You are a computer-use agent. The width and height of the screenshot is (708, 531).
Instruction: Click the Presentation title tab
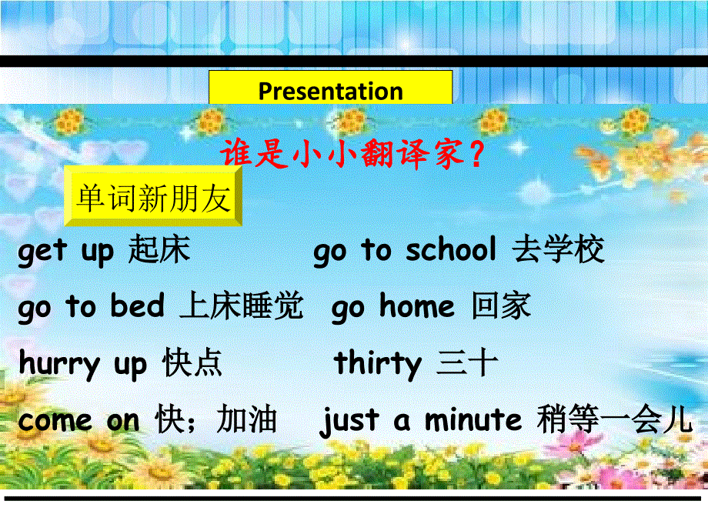pos(330,90)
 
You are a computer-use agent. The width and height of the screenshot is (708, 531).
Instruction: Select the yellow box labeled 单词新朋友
pos(154,199)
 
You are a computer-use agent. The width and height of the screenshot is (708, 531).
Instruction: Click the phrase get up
pos(66,252)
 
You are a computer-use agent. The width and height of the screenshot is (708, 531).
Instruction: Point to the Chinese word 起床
pos(159,251)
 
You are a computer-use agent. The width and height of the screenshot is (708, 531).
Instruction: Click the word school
pos(451,250)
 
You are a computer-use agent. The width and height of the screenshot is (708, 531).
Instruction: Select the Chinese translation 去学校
pos(559,250)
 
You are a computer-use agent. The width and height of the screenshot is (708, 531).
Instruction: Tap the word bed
pos(138,307)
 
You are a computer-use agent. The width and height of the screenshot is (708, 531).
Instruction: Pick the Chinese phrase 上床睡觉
pos(242,307)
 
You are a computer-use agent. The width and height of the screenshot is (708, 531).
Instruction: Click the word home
pos(416,307)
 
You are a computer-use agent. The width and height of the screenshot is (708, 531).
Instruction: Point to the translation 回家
pos(502,307)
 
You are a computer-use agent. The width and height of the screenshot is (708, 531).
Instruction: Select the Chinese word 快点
pos(192,363)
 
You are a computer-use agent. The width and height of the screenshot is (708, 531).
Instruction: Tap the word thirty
pos(378,364)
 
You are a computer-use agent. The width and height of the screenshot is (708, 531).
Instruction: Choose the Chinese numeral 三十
pos(468,363)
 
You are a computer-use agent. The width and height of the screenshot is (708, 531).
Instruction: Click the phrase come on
pos(79,421)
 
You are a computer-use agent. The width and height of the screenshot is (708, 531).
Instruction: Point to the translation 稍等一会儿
pos(614,420)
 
